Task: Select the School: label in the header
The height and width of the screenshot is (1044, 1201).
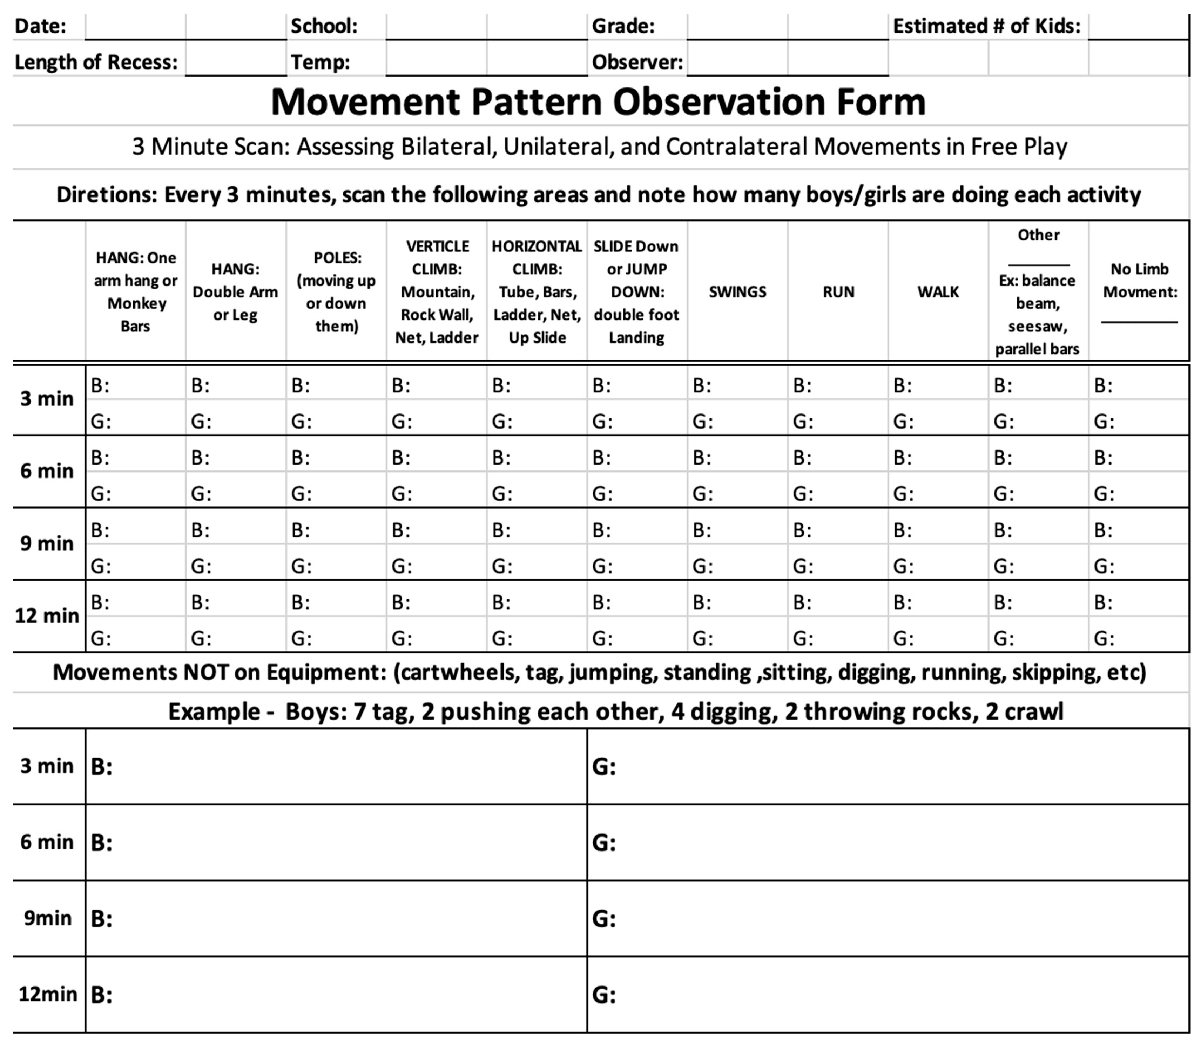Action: (324, 26)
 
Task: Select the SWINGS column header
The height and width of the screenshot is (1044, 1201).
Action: (737, 292)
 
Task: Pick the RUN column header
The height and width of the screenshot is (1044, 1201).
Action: (838, 292)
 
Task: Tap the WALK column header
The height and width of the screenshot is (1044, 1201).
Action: (938, 292)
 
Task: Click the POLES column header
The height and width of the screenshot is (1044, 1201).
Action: (336, 292)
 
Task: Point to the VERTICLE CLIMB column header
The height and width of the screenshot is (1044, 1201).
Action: (437, 292)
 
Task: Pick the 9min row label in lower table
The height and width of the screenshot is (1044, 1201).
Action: (48, 918)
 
